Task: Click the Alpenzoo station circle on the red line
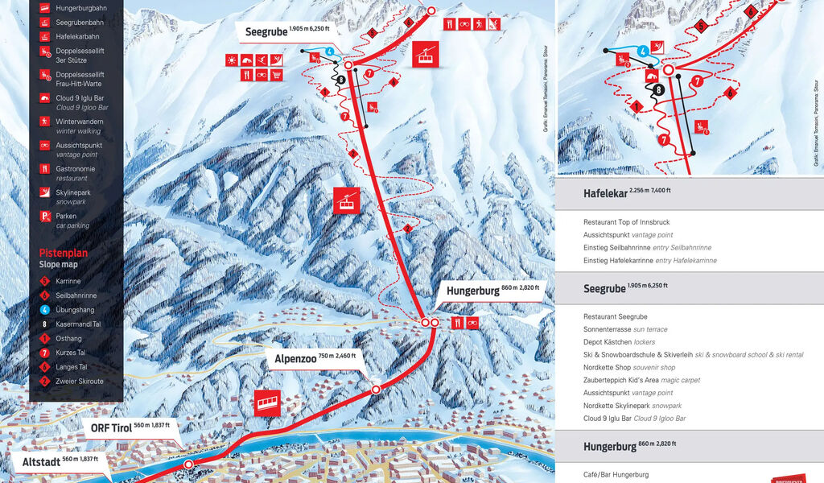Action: (376, 390)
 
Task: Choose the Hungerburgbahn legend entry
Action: (81, 8)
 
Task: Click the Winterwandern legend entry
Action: (79, 126)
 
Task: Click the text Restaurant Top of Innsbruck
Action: (626, 221)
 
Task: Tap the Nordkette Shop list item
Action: (630, 367)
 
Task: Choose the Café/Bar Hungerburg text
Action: (616, 474)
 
